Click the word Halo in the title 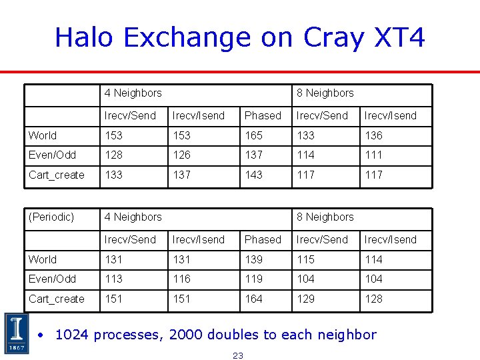tap(85, 37)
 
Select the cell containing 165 tap(254, 135)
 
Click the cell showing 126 tap(181, 155)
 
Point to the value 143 tap(254, 175)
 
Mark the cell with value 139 tap(254, 259)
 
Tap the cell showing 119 tap(254, 279)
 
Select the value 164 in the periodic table tap(254, 299)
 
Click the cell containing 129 tap(306, 299)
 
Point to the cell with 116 tap(181, 279)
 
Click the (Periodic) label tap(51, 217)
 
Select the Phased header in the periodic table tap(263, 239)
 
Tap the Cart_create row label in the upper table tap(57, 175)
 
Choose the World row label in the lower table tap(43, 259)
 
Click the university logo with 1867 tap(15, 333)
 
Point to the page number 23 tap(238, 355)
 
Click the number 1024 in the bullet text tap(72, 335)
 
